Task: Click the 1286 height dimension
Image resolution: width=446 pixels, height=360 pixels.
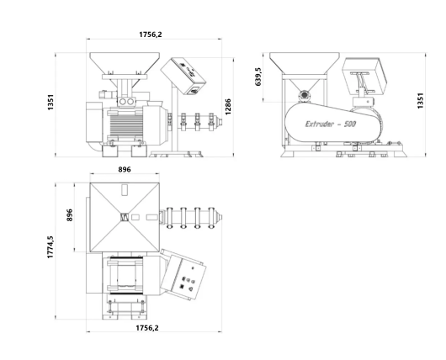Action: point(228,107)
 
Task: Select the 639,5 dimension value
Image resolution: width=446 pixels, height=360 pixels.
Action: point(258,77)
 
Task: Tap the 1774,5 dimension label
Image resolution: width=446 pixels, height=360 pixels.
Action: point(50,246)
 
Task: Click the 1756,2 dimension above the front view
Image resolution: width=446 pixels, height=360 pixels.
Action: point(151,34)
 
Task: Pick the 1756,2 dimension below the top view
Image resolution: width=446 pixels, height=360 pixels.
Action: point(147,328)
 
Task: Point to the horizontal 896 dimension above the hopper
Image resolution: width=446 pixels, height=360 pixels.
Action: point(125,169)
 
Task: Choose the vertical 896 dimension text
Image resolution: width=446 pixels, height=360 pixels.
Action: point(69,215)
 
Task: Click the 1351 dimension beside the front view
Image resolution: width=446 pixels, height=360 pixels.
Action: point(50,103)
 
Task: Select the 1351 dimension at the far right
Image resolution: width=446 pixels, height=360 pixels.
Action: point(421,101)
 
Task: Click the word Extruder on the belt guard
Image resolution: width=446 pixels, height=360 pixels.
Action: point(320,124)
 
